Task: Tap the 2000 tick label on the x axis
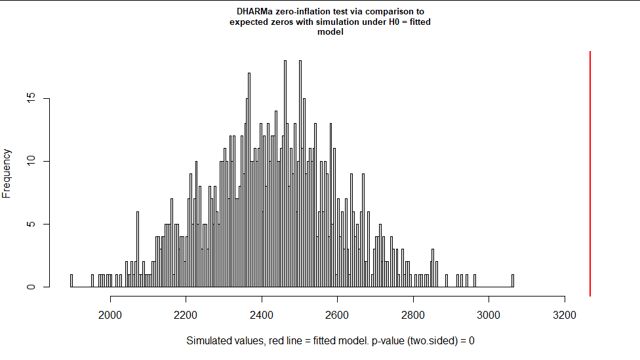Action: [110, 312]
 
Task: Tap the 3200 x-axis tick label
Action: [565, 312]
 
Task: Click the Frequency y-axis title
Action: [9, 173]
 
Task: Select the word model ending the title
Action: [330, 33]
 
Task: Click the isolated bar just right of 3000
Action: [513, 281]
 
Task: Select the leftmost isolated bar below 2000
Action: [71, 281]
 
